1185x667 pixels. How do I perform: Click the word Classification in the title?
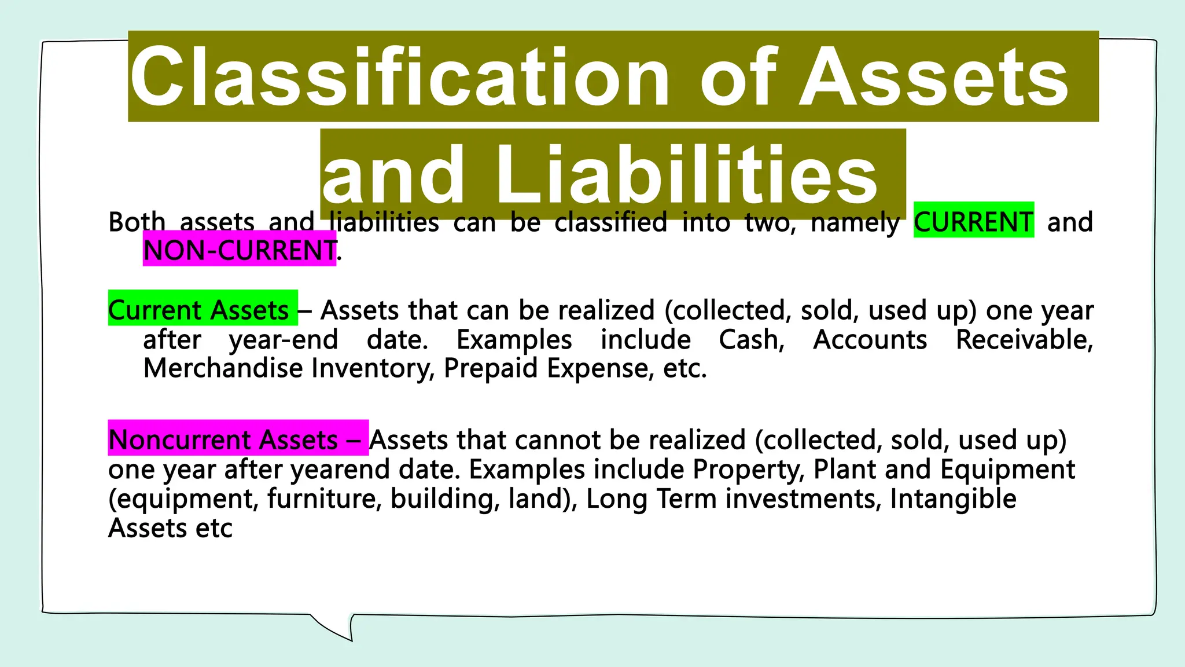399,77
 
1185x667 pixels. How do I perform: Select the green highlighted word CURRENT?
973,222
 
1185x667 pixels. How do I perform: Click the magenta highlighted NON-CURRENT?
240,251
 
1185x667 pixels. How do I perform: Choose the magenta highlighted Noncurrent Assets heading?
223,439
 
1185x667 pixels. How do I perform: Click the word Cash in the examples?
751,339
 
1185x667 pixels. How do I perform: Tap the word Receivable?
1024,339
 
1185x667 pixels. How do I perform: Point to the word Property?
749,469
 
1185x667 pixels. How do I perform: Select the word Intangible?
952,499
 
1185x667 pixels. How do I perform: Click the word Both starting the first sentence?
137,222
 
